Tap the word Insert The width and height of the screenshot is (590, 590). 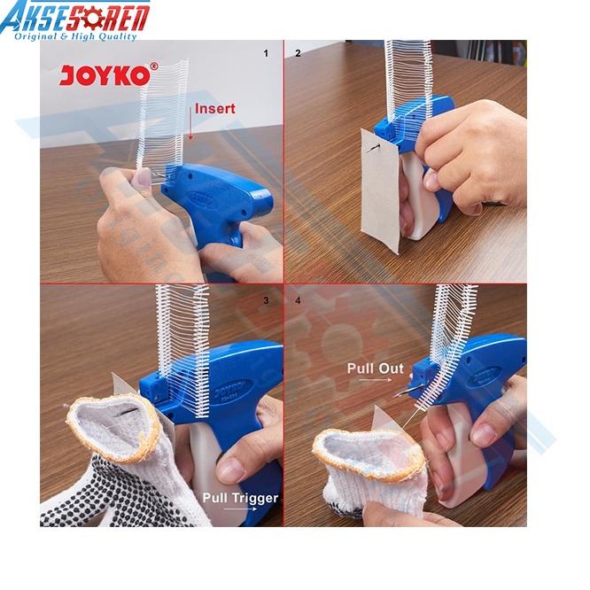(x=215, y=109)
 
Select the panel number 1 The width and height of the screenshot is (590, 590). (x=265, y=53)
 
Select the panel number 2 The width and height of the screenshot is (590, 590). (x=298, y=53)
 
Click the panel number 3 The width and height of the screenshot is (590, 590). (x=265, y=301)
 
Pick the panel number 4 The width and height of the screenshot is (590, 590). (x=298, y=301)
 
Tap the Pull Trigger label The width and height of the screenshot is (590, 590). (x=239, y=498)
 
